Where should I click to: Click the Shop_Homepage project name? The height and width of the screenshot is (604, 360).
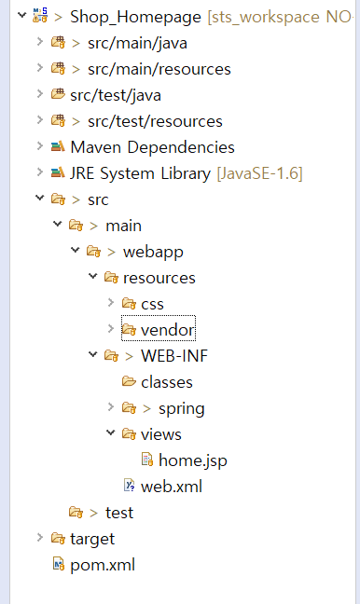point(135,17)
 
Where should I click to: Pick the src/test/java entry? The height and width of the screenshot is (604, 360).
point(116,95)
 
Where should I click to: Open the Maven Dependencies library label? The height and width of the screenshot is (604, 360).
point(152,147)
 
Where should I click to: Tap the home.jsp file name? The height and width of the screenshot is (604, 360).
point(191,460)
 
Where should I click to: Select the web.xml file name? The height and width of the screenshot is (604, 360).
point(171,487)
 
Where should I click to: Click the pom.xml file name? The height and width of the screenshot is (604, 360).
point(103,565)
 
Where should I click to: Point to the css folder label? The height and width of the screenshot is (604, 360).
point(152,304)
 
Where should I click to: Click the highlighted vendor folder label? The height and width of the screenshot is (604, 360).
point(168,330)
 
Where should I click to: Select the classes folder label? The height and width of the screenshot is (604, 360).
point(167,382)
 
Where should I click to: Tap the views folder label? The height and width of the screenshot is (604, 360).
point(161,434)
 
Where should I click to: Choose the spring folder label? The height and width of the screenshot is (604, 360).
point(181,408)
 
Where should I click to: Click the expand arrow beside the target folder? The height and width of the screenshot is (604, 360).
point(39,539)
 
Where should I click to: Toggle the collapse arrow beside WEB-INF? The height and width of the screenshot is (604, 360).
point(92,356)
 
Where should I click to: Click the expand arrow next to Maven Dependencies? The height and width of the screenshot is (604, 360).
point(39,147)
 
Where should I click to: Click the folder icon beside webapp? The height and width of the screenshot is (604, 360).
point(93,252)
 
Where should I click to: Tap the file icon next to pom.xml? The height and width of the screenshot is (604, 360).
point(58,565)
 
